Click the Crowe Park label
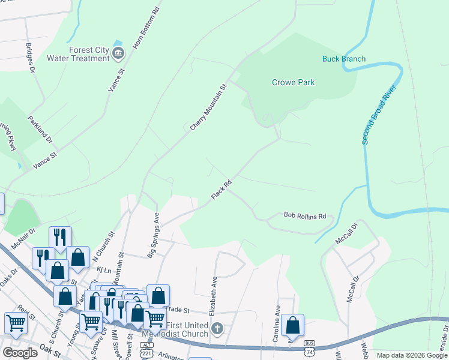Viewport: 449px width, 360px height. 293,83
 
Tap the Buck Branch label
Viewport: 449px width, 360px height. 343,59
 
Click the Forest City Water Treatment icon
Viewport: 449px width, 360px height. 118,54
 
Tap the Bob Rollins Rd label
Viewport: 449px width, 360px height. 304,215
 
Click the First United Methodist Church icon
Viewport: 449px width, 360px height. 217,328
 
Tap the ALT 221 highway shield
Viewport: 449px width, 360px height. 146,349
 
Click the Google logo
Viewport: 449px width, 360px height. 20,353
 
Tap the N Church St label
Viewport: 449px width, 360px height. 102,248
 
